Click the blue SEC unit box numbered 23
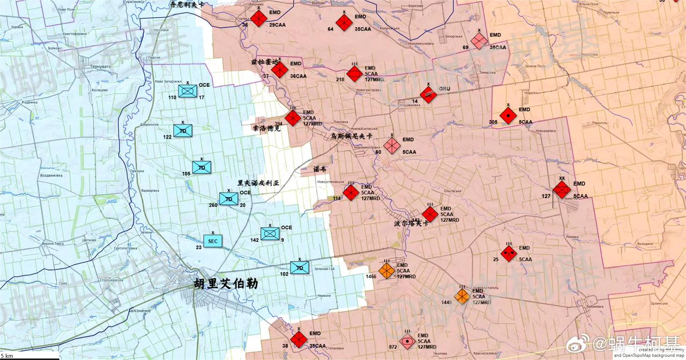[213, 241]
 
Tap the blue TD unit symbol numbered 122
[183, 130]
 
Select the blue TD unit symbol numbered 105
[202, 167]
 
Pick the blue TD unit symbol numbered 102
[300, 268]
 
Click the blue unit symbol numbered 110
[188, 91]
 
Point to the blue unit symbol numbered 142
[270, 234]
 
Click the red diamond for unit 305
[508, 115]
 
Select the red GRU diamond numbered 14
[428, 95]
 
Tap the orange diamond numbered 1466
[386, 271]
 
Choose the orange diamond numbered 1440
[462, 296]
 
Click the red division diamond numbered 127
[562, 189]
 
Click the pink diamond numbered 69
[479, 40]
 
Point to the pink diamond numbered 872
[408, 340]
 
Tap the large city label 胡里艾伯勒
[226, 283]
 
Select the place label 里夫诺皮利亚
[258, 183]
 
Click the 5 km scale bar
[29, 356]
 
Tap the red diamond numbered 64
[344, 22]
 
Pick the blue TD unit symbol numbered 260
[229, 199]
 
